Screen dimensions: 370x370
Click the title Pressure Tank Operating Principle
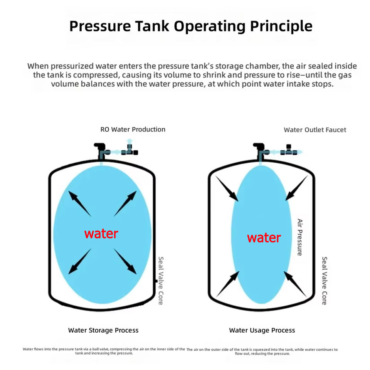(191, 27)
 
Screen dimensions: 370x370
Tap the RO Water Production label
(133, 129)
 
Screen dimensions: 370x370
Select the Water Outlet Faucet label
(315, 130)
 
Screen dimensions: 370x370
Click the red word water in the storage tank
(101, 234)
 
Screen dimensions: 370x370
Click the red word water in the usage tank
(264, 238)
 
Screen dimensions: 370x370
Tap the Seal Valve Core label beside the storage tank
(161, 281)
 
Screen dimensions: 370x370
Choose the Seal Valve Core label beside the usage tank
(325, 281)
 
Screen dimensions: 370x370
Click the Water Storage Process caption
(103, 330)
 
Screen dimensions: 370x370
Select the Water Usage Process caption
(262, 330)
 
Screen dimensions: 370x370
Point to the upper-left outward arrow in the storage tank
(79, 203)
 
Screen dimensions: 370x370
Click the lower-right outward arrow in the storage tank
(125, 261)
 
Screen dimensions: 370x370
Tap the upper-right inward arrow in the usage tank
(297, 188)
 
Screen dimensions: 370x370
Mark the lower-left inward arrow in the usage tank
(228, 284)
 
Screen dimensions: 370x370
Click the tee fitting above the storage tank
(129, 151)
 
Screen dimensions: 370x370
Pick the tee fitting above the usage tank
(289, 151)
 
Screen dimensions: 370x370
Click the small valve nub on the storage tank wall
(156, 281)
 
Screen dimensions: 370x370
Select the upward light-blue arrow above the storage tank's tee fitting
(129, 141)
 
